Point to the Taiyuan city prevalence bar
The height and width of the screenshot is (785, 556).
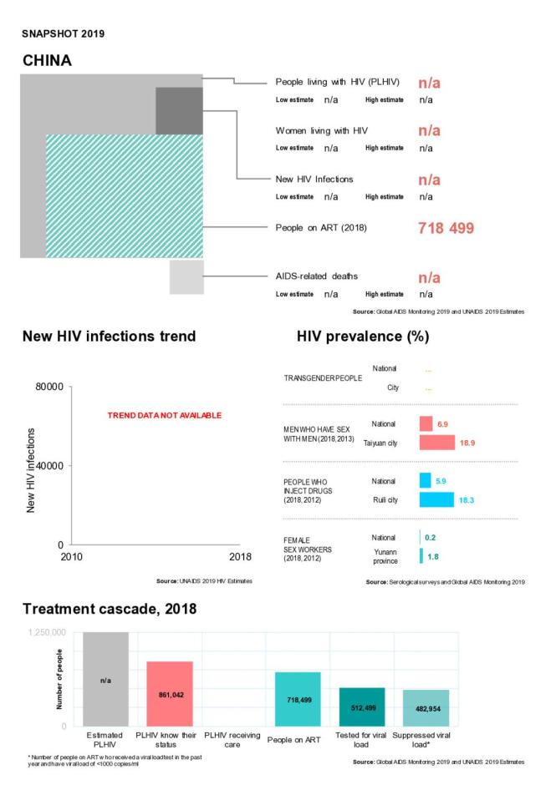click(436, 443)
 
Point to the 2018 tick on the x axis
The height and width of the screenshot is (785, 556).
click(240, 558)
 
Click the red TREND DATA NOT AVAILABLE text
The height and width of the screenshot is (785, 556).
click(164, 415)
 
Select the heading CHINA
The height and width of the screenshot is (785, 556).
click(47, 60)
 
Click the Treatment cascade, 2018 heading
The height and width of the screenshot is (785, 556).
click(110, 610)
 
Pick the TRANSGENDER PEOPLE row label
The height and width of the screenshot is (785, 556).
click(323, 377)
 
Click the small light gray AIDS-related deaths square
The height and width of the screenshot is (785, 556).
click(186, 277)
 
